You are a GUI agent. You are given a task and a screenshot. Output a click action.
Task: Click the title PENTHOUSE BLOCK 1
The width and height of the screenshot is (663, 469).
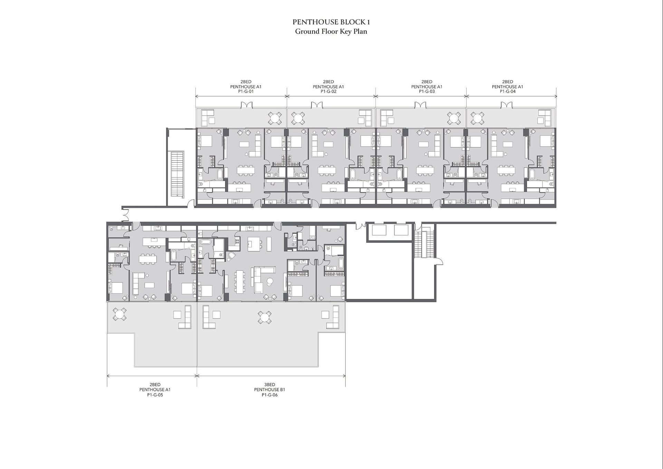click(331, 22)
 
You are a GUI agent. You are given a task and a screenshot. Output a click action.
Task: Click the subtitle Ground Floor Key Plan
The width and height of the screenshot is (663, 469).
click(331, 32)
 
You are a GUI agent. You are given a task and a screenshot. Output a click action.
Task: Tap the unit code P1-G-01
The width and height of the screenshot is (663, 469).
click(246, 92)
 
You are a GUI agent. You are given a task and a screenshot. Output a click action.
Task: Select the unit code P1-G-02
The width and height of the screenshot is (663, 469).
click(328, 92)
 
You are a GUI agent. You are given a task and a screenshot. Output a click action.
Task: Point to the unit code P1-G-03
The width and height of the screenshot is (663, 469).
click(427, 92)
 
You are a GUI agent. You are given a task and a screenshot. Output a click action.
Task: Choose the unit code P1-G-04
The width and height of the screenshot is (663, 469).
click(508, 92)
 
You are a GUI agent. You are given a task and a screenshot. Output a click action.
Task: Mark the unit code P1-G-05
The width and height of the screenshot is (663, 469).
click(155, 395)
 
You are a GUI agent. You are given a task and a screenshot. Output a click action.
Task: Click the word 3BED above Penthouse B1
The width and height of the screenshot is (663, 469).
click(270, 385)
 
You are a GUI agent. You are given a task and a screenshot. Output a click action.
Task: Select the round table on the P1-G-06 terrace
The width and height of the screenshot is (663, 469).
click(265, 317)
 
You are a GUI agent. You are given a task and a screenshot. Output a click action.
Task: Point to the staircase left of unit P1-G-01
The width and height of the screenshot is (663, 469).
click(177, 174)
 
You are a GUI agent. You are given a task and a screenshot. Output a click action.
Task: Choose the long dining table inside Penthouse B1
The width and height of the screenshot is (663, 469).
click(239, 281)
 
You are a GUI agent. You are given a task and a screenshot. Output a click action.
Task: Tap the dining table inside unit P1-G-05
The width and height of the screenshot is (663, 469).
click(148, 259)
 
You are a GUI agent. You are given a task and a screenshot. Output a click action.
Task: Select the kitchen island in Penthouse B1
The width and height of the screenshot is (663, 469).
click(254, 244)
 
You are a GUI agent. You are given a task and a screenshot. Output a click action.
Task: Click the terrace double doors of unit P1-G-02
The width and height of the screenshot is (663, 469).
click(317, 105)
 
